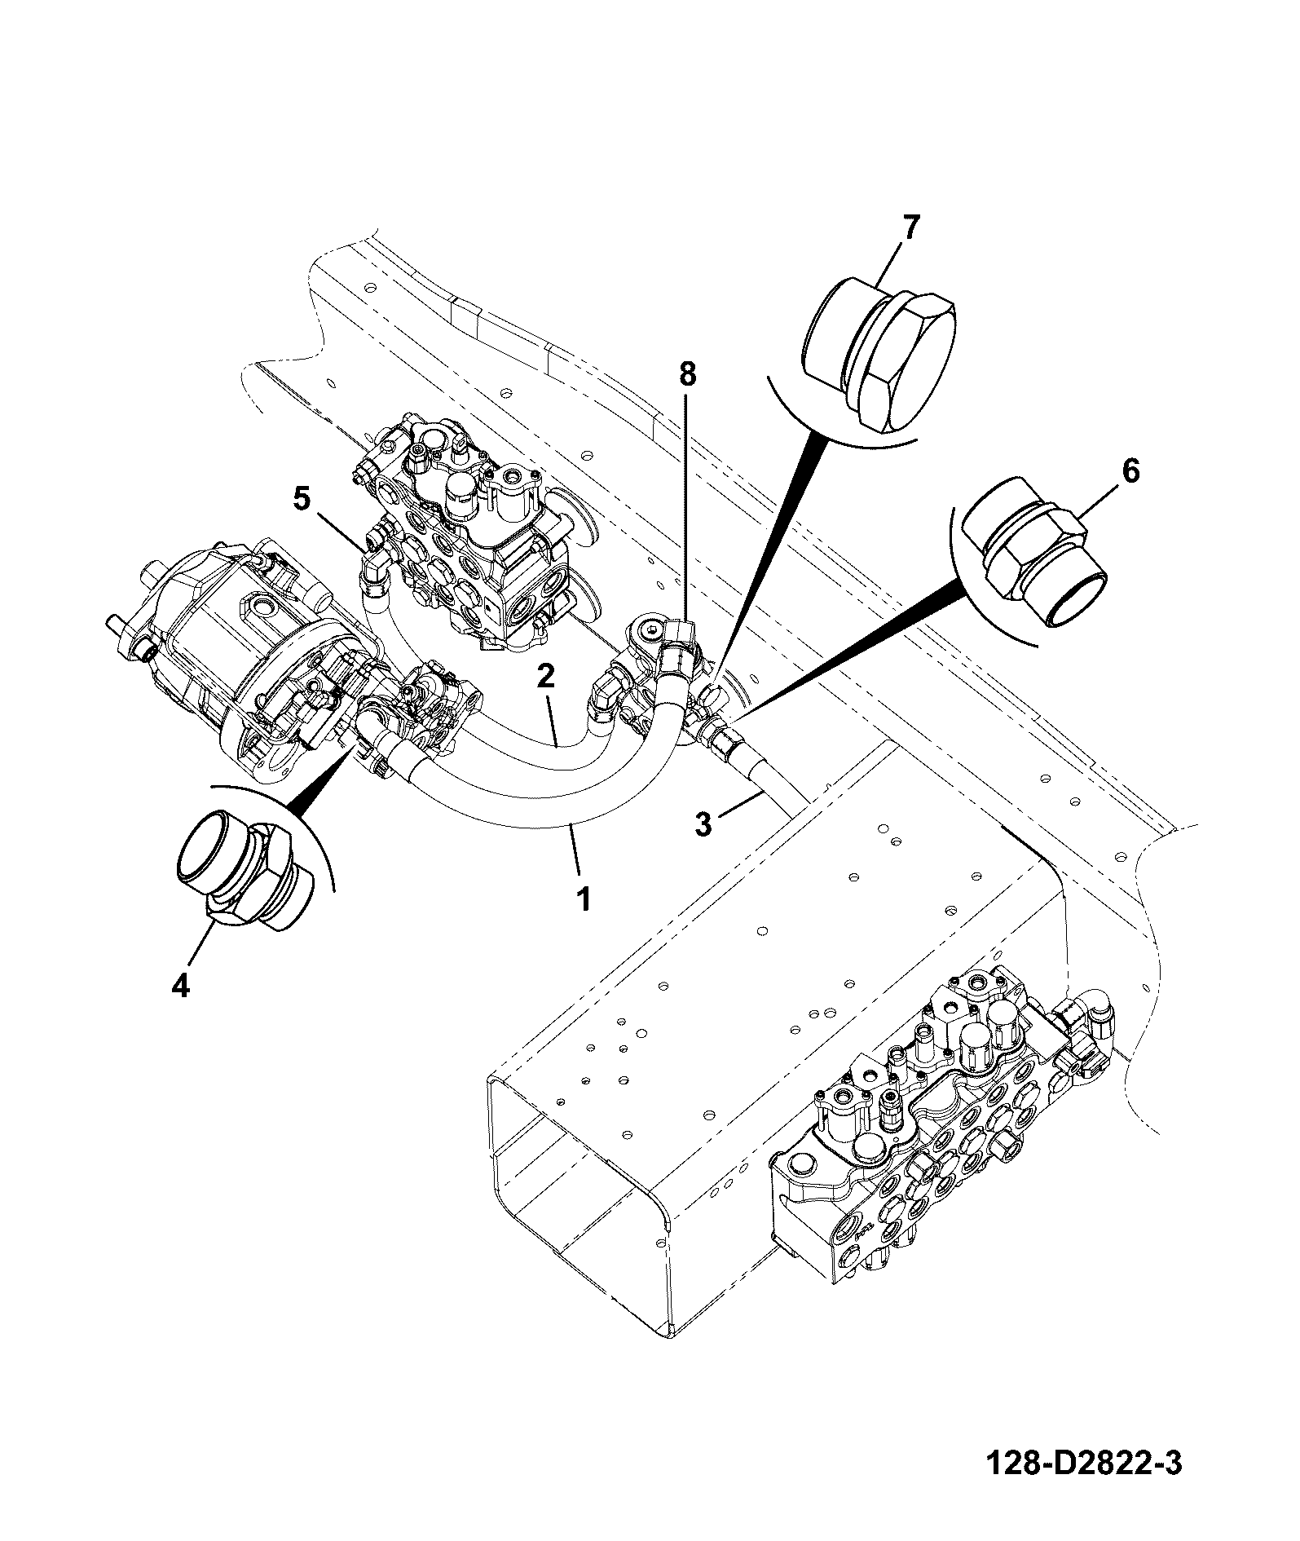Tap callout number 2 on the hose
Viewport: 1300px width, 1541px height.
(545, 676)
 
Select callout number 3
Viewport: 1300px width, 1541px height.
(703, 823)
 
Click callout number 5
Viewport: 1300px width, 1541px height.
(302, 499)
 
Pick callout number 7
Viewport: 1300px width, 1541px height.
(910, 227)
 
